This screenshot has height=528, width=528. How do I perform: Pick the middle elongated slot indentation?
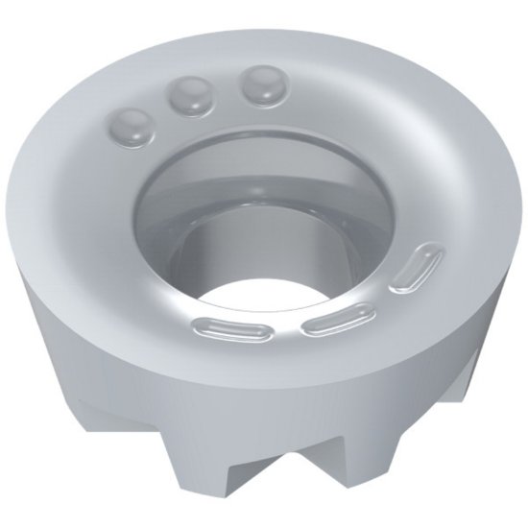[x=335, y=318]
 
